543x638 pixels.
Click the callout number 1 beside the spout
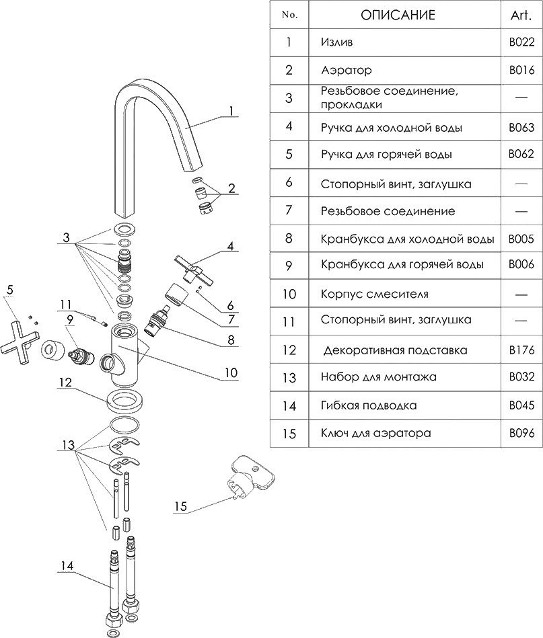pyautogui.click(x=231, y=110)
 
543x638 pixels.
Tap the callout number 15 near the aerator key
pyautogui.click(x=180, y=506)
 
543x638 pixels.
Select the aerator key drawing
pyautogui.click(x=250, y=479)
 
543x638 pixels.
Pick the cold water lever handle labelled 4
pyautogui.click(x=194, y=268)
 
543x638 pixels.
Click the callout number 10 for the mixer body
pyautogui.click(x=231, y=372)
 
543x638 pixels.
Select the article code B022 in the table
pyautogui.click(x=521, y=42)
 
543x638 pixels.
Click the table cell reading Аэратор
pyautogui.click(x=347, y=71)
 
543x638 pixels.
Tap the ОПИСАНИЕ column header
pyautogui.click(x=398, y=15)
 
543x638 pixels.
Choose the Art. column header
pyautogui.click(x=521, y=15)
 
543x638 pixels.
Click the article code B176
pyautogui.click(x=521, y=350)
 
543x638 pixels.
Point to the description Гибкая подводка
pyautogui.click(x=369, y=405)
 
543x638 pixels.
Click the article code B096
pyautogui.click(x=521, y=433)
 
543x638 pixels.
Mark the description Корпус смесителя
pyautogui.click(x=374, y=294)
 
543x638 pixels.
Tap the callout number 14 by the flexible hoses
pyautogui.click(x=67, y=565)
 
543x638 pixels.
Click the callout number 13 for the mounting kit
pyautogui.click(x=68, y=445)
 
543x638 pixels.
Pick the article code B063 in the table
pyautogui.click(x=521, y=128)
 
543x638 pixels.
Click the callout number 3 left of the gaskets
pyautogui.click(x=66, y=237)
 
